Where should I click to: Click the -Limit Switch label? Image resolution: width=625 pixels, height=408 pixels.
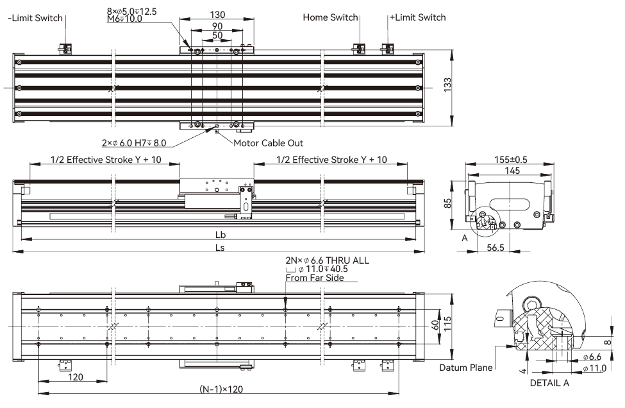(35, 17)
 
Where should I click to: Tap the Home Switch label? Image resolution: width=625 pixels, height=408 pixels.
(330, 17)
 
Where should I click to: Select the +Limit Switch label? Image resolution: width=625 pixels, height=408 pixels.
(417, 17)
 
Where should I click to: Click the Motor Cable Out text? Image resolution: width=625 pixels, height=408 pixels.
(268, 143)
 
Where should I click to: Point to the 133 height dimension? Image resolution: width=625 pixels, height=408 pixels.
(448, 85)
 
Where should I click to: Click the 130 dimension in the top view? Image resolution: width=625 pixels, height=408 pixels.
(217, 15)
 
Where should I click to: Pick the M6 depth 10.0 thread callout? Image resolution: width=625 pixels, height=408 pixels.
(124, 19)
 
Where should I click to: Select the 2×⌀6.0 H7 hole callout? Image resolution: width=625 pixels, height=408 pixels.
(133, 143)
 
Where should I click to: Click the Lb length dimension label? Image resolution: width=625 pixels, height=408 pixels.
(220, 235)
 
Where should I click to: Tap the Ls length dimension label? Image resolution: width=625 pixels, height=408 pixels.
(220, 247)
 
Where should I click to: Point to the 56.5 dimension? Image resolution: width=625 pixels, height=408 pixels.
(496, 246)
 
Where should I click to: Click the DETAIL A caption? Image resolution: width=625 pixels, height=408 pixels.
(549, 383)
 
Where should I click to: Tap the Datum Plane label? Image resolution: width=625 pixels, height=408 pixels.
(466, 368)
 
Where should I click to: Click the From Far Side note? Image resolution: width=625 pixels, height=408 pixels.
(315, 278)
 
